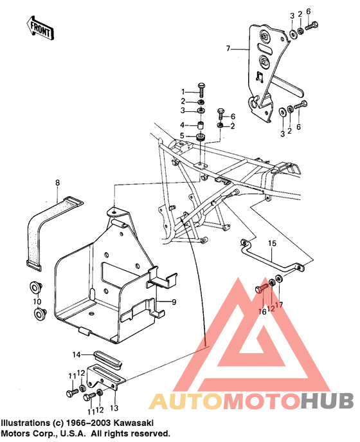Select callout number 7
click(x=227, y=48)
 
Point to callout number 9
click(x=172, y=301)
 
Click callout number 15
click(x=271, y=244)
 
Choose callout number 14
click(x=75, y=355)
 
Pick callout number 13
click(x=114, y=408)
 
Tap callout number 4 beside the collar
click(x=183, y=125)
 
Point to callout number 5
click(x=183, y=136)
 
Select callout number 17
click(x=279, y=304)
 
